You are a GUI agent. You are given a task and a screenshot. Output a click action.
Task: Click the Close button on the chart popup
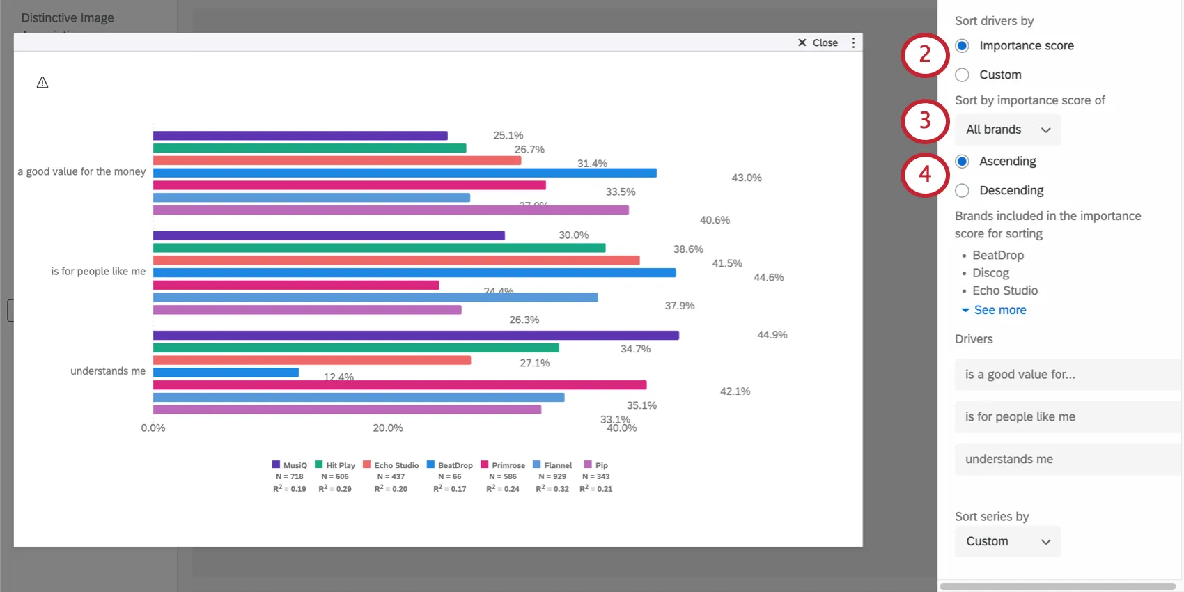click(x=818, y=42)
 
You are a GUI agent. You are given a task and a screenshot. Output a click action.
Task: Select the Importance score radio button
click(x=962, y=46)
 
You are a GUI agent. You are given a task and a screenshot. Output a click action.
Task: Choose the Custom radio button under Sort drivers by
click(x=962, y=75)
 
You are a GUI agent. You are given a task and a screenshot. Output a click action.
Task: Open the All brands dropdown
click(x=1008, y=130)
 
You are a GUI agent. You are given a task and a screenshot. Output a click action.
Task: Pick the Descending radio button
click(x=962, y=190)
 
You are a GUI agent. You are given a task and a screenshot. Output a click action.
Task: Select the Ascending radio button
click(x=962, y=162)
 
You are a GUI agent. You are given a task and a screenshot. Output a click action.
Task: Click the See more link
click(x=999, y=310)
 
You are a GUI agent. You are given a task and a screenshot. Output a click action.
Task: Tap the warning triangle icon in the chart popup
click(x=42, y=83)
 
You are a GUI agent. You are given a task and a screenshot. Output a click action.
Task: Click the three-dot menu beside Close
click(x=853, y=42)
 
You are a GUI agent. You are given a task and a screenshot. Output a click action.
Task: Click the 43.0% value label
click(x=746, y=178)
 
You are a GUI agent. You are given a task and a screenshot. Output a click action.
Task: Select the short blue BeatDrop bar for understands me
click(x=226, y=373)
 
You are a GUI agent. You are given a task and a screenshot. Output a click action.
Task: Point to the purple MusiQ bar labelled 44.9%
click(x=416, y=335)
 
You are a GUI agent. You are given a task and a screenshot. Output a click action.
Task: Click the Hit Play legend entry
click(x=335, y=465)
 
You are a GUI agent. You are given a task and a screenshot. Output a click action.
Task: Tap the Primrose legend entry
click(x=503, y=465)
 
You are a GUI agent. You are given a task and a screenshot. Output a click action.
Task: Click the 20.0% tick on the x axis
click(x=388, y=428)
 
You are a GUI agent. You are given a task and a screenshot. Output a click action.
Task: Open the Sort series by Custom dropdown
click(x=1008, y=541)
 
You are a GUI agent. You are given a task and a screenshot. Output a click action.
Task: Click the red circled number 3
click(x=925, y=120)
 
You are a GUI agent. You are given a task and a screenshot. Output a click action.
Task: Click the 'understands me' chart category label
click(x=108, y=371)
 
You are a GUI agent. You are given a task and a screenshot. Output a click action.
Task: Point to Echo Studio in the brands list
click(x=1004, y=290)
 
